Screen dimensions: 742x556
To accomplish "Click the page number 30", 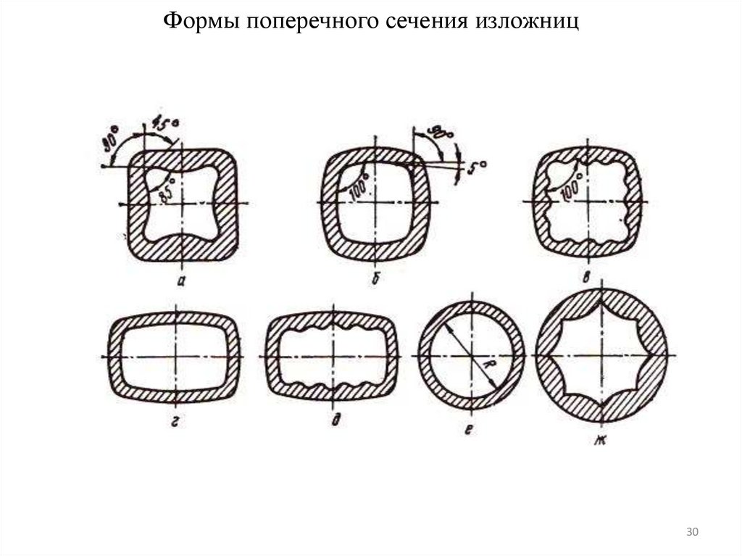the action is [x=691, y=533].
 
